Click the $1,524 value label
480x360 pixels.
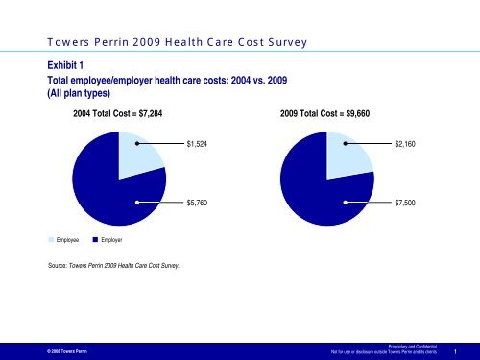tap(197, 144)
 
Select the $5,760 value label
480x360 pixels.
tap(197, 204)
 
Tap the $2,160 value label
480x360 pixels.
tap(405, 144)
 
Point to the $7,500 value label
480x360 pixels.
tap(405, 204)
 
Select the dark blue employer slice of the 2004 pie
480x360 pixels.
tap(106, 187)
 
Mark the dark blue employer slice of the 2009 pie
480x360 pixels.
tap(312, 187)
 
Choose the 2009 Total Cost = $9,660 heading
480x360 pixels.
tap(325, 113)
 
